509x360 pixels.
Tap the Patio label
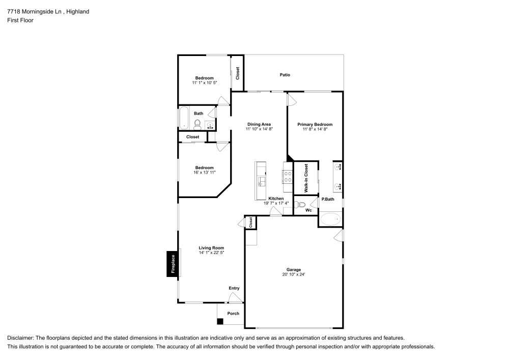pos(285,75)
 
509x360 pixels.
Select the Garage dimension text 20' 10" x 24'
pos(294,274)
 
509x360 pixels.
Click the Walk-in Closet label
pos(306,178)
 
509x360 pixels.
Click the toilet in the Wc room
pos(301,205)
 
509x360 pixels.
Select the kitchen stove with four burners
pos(288,176)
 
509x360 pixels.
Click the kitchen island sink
pos(262,181)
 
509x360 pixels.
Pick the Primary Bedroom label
pos(315,124)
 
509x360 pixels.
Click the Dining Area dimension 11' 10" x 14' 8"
pos(259,129)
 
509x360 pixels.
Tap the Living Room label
pos(211,248)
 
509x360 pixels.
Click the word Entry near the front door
pos(234,288)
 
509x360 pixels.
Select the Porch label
pos(233,314)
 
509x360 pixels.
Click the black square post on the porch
pos(220,321)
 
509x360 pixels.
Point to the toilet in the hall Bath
pos(197,123)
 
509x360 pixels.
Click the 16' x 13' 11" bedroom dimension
pos(204,173)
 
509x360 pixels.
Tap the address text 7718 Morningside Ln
pos(34,11)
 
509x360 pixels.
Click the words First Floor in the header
pos(20,20)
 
